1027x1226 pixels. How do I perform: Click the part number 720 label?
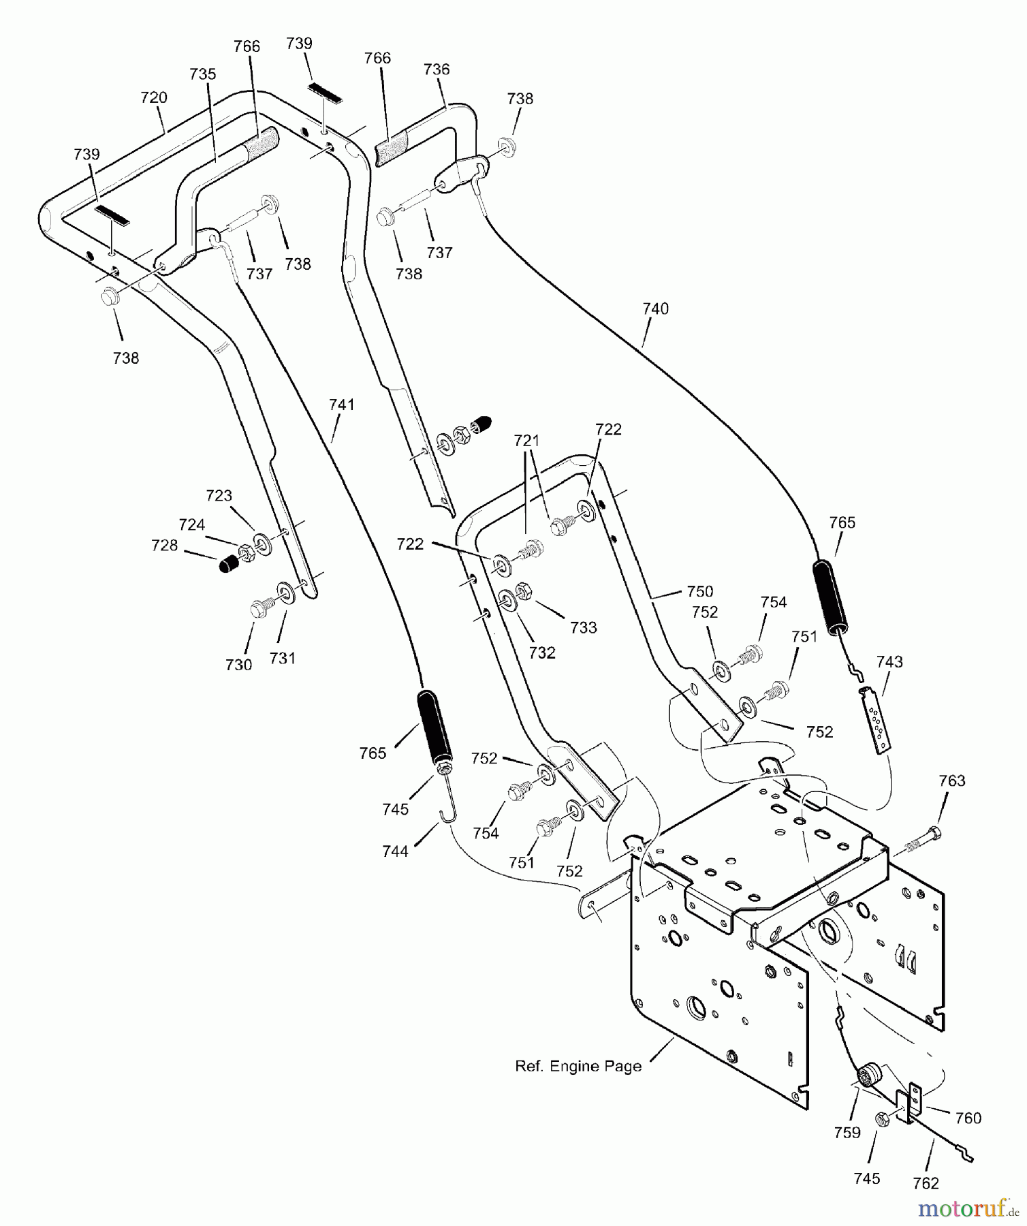click(154, 97)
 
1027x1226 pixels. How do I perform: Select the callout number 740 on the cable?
click(655, 309)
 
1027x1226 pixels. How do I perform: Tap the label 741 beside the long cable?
click(342, 405)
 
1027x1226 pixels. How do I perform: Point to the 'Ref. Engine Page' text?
click(578, 1067)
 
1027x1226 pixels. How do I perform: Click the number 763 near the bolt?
click(952, 781)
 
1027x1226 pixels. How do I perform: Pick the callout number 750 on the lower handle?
click(700, 591)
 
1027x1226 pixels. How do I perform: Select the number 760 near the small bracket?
click(968, 1118)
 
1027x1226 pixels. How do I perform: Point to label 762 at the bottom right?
click(926, 1184)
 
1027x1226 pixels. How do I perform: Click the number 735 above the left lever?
click(202, 74)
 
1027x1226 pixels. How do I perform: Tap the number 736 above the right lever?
click(437, 69)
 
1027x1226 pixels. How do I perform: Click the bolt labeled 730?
click(260, 608)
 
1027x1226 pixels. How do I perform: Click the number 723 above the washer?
click(219, 496)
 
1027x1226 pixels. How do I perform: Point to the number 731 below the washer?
click(282, 658)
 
